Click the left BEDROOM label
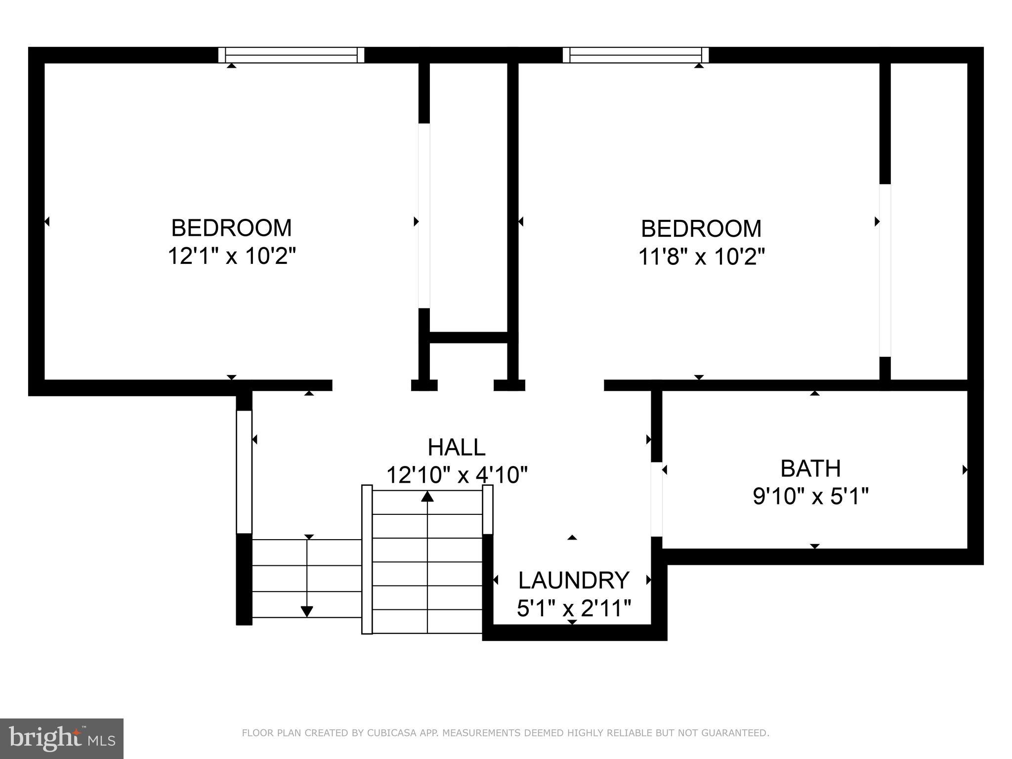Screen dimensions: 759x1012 pos(231,228)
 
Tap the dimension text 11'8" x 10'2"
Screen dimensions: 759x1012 pos(701,256)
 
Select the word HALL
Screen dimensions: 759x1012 pos(456,447)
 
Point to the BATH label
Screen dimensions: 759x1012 pos(810,468)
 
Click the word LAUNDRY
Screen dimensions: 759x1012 pos(573,580)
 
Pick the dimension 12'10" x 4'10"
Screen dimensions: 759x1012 pos(456,475)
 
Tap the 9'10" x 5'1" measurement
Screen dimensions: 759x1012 pos(810,496)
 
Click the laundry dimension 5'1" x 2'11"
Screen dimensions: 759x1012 pos(573,608)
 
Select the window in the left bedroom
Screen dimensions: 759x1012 pos(292,55)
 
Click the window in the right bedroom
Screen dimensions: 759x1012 pos(635,55)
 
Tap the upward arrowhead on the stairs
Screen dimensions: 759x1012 pos(427,496)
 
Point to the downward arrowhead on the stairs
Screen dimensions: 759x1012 pos(307,611)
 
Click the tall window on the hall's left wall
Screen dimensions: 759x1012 pos(244,472)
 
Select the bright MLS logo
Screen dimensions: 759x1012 pos(62,738)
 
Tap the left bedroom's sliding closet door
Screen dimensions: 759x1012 pos(424,216)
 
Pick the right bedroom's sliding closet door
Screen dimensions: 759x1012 pos(885,270)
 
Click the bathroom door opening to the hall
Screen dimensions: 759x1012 pos(656,499)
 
